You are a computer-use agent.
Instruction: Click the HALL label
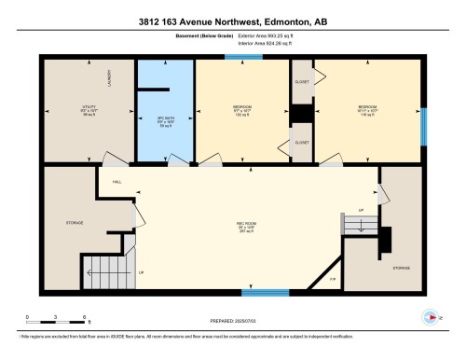pyautogui.click(x=117, y=181)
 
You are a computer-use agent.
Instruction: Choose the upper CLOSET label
pyautogui.click(x=302, y=81)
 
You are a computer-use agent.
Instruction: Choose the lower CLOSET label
pyautogui.click(x=302, y=142)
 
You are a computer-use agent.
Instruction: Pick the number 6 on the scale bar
pyautogui.click(x=85, y=317)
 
